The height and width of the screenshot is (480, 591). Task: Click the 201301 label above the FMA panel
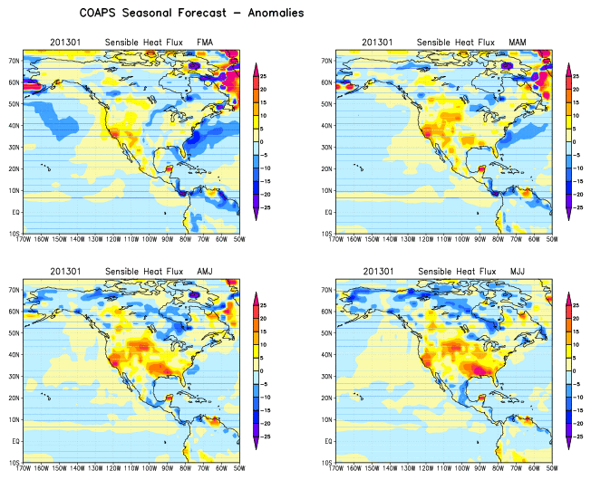coord(63,43)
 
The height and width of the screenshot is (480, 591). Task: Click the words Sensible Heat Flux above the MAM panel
coord(453,43)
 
